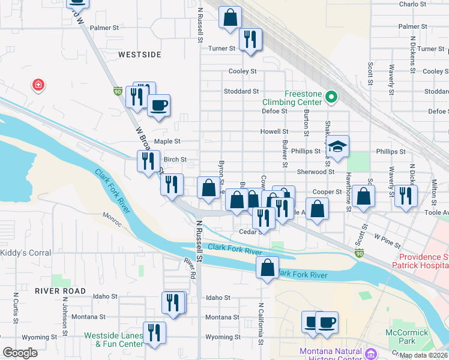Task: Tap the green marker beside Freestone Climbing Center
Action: coord(331,97)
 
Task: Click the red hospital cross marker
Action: coord(38,85)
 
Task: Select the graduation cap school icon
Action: coord(338,147)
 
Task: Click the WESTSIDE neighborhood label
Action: coord(140,55)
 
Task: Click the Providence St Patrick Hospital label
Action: coord(420,261)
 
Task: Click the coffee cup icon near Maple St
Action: coord(159,106)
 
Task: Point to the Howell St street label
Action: coord(274,131)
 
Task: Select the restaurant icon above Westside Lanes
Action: coord(173,302)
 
